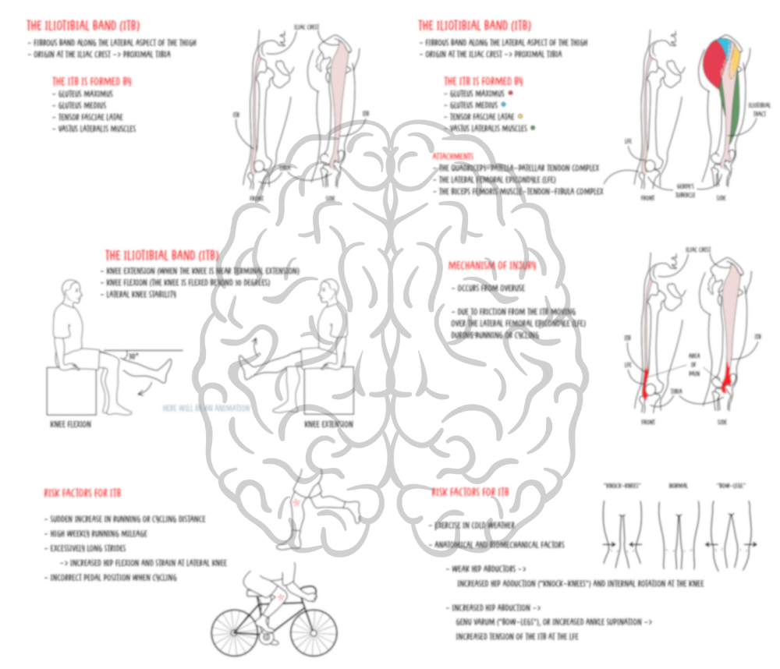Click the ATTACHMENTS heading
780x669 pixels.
coord(452,156)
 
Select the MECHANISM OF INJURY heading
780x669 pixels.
coord(491,266)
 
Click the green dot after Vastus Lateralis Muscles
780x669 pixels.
coord(533,128)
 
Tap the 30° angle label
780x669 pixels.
coord(133,356)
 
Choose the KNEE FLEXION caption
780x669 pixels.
coord(69,425)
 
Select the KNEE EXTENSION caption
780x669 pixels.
coord(328,425)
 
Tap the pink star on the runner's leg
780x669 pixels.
coord(296,504)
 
